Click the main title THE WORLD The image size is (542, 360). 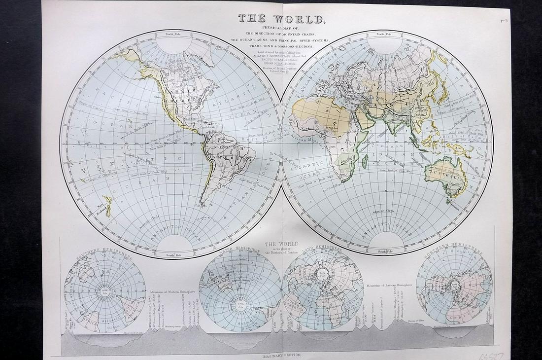(281, 19)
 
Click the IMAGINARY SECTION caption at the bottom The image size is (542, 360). (279, 355)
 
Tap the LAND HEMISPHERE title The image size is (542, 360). (322, 251)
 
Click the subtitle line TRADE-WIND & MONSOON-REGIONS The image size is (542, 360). (281, 47)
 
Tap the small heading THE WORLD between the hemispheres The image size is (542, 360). (281, 244)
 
